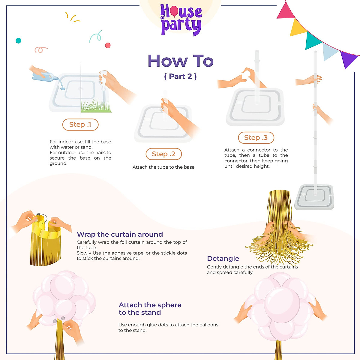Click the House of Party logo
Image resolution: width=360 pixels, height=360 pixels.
tap(181, 20)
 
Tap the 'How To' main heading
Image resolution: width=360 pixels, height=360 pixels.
tap(181, 61)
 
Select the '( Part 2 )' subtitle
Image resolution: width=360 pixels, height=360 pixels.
tap(180, 76)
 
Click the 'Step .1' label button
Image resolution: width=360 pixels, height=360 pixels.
tap(80, 125)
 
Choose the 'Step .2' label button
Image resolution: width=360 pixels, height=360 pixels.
tap(163, 154)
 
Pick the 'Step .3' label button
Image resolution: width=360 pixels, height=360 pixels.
tap(256, 138)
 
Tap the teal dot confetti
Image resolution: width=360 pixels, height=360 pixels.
tap(18, 40)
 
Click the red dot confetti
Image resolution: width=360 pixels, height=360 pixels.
tap(108, 45)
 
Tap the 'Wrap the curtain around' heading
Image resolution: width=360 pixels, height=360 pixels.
tap(120, 234)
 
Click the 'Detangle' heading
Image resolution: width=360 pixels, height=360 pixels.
tap(223, 259)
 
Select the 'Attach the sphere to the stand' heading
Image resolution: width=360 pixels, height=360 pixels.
tap(150, 309)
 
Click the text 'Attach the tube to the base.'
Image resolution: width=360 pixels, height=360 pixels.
tap(164, 167)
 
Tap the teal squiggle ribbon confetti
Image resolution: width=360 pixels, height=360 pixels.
tap(96, 37)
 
